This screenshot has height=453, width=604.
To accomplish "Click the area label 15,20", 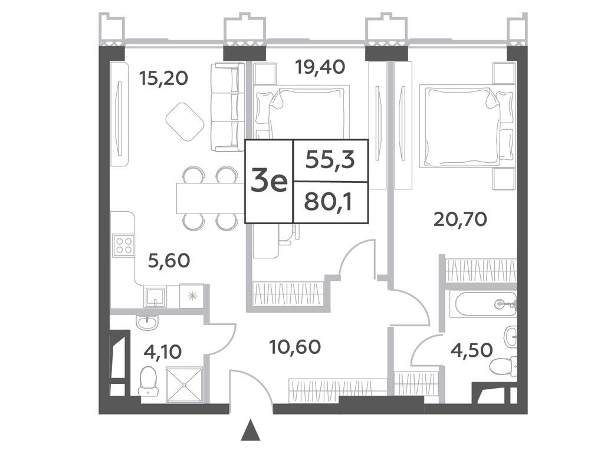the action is [164, 78].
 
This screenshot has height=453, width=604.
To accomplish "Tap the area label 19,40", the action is [320, 67].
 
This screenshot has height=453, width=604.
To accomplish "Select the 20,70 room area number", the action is [460, 219].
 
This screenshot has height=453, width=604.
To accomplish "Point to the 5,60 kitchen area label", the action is [169, 261].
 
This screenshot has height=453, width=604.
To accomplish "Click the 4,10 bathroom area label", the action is [162, 352].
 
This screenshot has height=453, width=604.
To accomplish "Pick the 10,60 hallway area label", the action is [295, 347].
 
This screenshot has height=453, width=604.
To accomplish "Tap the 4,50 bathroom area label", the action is [471, 350].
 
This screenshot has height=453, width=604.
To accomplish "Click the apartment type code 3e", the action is [269, 182].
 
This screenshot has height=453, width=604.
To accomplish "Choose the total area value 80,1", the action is [328, 202].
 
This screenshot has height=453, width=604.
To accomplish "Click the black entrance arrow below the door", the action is [251, 430].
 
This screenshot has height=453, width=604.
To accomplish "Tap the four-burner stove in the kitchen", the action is [124, 245].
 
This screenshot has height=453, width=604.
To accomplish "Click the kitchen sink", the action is [155, 296].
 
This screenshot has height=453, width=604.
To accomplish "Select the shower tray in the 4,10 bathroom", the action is [184, 385].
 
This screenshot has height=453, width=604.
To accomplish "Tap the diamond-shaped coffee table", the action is [185, 122].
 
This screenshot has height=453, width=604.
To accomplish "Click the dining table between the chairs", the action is [211, 198].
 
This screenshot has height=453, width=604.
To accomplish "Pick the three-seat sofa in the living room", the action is [228, 107].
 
